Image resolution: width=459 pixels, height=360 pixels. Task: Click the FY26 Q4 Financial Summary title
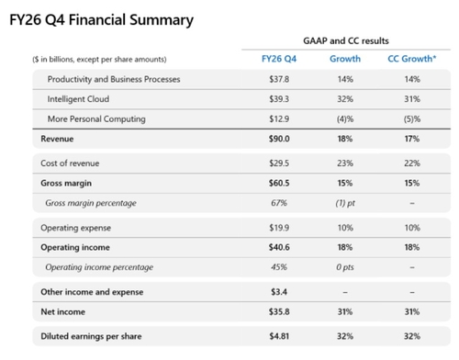[x=101, y=20]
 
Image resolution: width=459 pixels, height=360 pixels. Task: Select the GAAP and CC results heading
[x=346, y=40]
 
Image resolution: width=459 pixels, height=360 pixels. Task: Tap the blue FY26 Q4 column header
[x=279, y=59]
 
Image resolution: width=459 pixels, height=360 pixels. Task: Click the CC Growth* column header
[x=412, y=59]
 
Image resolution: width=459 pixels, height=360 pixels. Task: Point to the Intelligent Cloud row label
[x=78, y=99]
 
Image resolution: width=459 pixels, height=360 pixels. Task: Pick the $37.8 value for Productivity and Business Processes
[x=279, y=79]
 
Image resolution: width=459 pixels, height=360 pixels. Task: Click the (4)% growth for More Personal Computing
[x=345, y=118]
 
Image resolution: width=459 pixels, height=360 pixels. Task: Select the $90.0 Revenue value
[x=279, y=139]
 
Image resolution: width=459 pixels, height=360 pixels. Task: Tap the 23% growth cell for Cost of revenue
[x=345, y=163]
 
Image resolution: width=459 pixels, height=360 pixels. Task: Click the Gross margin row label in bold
[x=66, y=183]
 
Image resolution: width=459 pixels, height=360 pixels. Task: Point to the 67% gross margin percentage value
[x=279, y=203]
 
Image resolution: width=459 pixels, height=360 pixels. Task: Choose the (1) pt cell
[x=345, y=203]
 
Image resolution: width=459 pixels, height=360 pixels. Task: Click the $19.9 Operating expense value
[x=279, y=228]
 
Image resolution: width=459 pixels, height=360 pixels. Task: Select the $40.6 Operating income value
[x=279, y=247]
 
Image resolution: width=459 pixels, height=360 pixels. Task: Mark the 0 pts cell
[x=345, y=267]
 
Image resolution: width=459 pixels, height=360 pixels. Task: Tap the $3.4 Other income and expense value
[x=279, y=292]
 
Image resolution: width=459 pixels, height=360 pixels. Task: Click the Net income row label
[x=63, y=311]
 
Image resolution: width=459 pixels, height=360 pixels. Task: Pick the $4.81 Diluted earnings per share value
[x=279, y=336]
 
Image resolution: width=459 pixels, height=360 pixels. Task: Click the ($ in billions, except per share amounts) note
[x=99, y=59]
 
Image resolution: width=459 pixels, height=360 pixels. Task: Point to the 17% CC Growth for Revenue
[x=412, y=139]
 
